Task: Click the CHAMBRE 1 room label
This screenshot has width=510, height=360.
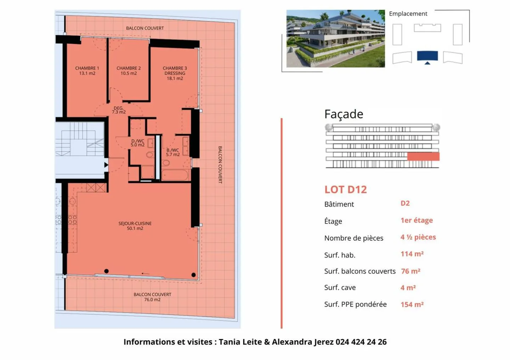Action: point(87,71)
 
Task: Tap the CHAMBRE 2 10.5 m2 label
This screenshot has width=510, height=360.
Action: point(129,71)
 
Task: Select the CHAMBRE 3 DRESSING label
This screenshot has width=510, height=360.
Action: point(175,73)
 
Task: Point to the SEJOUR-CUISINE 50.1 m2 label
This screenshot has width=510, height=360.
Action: point(135,226)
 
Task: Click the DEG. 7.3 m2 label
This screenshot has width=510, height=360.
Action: point(119,110)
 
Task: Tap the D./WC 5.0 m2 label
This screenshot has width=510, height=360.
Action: point(137,143)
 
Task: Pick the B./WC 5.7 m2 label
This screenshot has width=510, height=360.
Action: point(173,152)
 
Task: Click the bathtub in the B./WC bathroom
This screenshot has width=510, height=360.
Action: point(175,175)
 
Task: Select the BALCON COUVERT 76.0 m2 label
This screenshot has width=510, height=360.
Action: point(152,297)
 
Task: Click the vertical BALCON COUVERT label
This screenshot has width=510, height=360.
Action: point(220,165)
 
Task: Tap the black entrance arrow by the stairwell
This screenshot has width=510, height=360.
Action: point(106,165)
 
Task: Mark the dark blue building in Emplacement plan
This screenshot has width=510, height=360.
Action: point(427,56)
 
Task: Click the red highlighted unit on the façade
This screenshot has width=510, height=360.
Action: point(423,156)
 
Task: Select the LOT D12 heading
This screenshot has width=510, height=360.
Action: point(345,190)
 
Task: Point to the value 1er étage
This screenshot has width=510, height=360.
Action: point(416,220)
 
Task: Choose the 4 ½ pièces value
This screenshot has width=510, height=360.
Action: point(418,237)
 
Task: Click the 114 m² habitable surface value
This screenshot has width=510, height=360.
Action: point(412,254)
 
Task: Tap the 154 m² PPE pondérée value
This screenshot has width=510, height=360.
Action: point(412,304)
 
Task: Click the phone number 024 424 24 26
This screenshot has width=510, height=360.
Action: point(361,342)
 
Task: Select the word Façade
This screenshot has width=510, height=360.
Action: point(344,114)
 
